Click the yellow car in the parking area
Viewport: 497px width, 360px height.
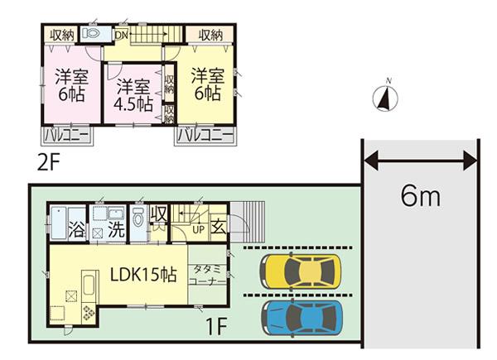click(x=302, y=269)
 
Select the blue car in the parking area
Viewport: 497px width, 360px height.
click(x=302, y=315)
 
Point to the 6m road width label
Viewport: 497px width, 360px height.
click(x=421, y=197)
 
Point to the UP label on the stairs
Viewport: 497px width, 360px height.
click(x=199, y=228)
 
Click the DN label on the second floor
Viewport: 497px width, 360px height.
click(x=121, y=36)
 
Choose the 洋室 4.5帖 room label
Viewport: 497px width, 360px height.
click(x=133, y=94)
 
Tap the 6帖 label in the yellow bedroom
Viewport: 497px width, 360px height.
click(x=207, y=94)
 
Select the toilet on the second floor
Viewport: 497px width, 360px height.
click(x=92, y=34)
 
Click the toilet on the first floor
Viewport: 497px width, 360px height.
click(x=138, y=219)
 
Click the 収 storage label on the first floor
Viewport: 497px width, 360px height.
click(x=160, y=215)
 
